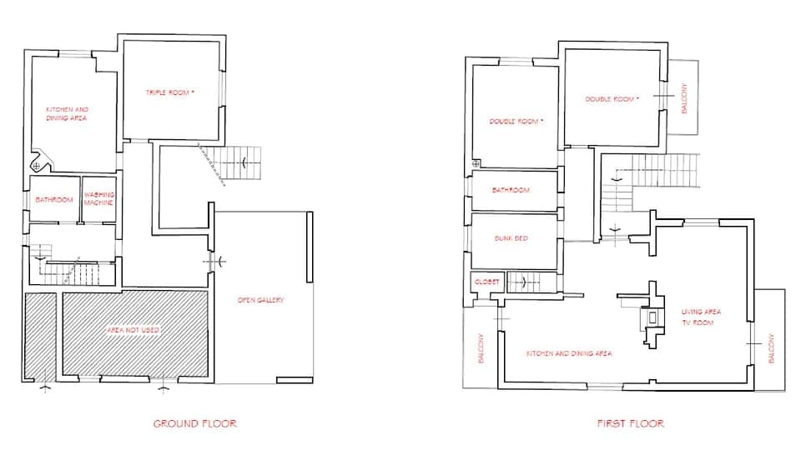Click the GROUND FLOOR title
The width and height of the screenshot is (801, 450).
click(x=194, y=423)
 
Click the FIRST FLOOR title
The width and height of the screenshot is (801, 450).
click(x=631, y=423)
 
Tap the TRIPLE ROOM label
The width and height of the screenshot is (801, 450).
click(x=170, y=92)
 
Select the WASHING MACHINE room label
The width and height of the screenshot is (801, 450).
click(x=98, y=198)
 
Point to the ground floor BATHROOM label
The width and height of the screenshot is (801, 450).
click(x=54, y=200)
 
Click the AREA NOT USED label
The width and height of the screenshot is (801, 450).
click(x=133, y=331)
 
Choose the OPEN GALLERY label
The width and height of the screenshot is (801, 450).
click(x=260, y=300)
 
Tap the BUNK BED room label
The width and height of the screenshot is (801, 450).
click(x=510, y=238)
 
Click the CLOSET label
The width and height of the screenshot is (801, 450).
click(x=486, y=282)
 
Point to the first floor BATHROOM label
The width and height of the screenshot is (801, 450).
click(x=510, y=190)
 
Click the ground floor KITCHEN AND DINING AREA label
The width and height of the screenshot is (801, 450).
click(x=67, y=114)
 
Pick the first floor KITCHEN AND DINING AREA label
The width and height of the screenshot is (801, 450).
click(x=568, y=353)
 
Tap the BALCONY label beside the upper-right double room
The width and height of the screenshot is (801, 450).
click(x=684, y=98)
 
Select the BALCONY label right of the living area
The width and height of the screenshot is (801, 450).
click(x=771, y=348)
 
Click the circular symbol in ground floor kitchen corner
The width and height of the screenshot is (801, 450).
click(x=36, y=166)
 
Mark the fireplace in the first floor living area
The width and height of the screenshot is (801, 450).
click(x=648, y=319)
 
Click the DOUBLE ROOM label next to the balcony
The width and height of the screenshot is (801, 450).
click(x=612, y=99)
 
